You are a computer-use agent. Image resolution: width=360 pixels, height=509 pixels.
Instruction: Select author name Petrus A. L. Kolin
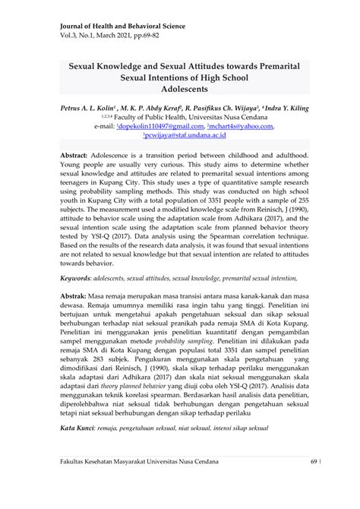click(84, 109)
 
